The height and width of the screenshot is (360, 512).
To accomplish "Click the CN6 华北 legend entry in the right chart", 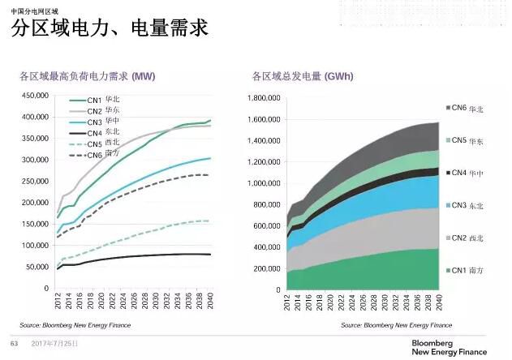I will [467, 108].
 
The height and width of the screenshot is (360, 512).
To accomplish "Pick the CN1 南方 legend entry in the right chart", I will [467, 268].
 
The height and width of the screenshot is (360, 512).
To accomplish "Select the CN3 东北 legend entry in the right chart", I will [467, 204].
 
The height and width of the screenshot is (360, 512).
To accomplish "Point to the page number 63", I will [14, 344].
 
